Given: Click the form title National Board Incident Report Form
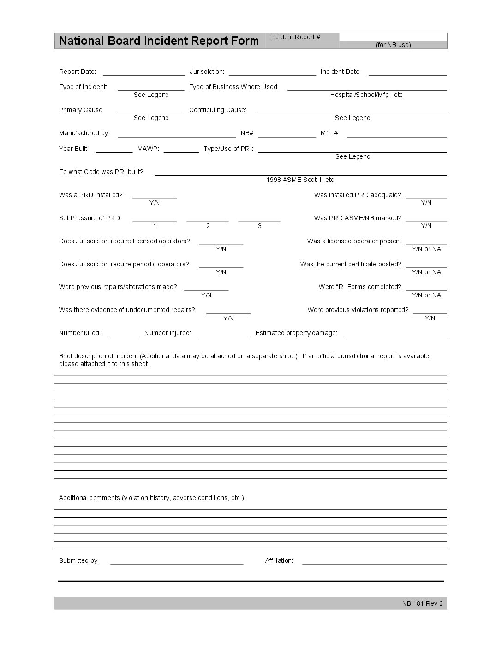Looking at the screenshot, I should [x=159, y=41].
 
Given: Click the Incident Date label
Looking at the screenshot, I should [x=341, y=72].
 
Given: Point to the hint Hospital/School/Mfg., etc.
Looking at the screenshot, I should [x=367, y=95].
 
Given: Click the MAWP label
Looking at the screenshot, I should [x=148, y=149].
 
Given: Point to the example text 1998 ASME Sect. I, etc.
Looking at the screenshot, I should [x=301, y=180].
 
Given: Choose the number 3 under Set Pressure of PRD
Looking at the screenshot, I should [x=260, y=226].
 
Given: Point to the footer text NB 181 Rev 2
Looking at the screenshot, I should [x=422, y=603].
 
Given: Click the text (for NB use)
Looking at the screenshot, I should [x=393, y=45].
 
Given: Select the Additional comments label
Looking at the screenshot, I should [x=152, y=498].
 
